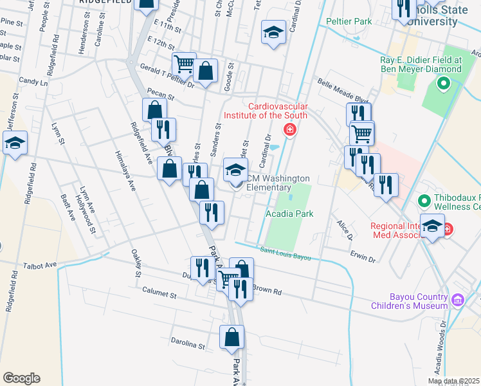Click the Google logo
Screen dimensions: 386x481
(21, 378)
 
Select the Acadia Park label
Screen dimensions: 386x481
(289, 214)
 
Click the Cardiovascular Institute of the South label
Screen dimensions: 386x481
(266, 111)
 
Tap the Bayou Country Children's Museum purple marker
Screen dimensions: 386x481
(458, 299)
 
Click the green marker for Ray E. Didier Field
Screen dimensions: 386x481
(443, 84)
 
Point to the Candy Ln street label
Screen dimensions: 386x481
(33, 82)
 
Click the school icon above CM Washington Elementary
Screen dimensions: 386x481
(235, 170)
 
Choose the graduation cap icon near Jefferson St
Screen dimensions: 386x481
(15, 143)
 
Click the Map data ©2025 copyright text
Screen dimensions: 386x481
(453, 381)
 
